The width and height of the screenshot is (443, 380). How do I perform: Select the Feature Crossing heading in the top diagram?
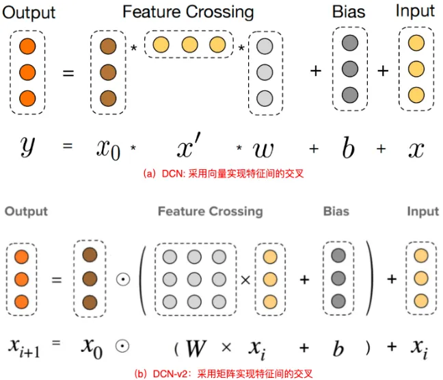[x=188, y=12]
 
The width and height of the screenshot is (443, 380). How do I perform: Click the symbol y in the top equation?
[x=27, y=146]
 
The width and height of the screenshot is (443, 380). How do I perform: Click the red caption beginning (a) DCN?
[x=222, y=174]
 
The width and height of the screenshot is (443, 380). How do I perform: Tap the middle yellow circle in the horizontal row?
[x=189, y=46]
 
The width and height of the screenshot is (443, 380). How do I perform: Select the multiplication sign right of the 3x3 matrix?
[x=243, y=279]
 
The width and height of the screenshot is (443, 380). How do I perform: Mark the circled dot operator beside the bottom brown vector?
[x=120, y=279]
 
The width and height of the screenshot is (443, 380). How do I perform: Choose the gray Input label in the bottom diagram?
[x=422, y=212]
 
